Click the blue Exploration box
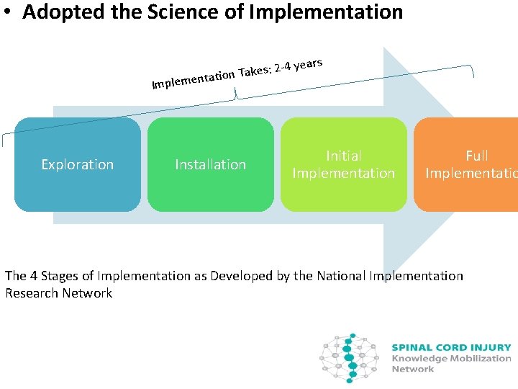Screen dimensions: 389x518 click(78, 164)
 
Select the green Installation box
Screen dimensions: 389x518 click(210, 164)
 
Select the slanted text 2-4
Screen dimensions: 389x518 click(281, 68)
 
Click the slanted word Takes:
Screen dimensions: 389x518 click(255, 71)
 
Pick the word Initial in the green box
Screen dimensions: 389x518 click(343, 156)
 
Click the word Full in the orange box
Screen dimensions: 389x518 click(476, 156)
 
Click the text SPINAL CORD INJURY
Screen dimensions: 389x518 click(451, 347)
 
